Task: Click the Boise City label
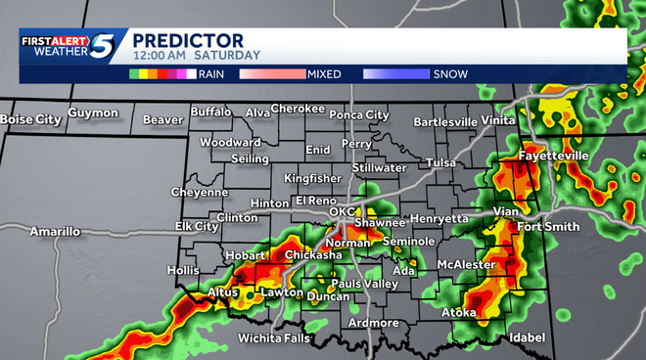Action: [29, 119]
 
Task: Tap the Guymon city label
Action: [93, 113]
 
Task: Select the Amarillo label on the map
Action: [55, 232]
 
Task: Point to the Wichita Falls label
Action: [274, 338]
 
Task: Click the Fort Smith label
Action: [548, 227]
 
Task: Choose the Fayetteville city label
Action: [554, 156]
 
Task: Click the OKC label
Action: [342, 211]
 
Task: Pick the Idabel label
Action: [529, 338]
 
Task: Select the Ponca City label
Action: [358, 115]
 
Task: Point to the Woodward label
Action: [230, 142]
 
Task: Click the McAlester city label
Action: [468, 264]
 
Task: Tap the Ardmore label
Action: [373, 323]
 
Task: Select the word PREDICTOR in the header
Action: [188, 40]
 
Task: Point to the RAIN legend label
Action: [212, 73]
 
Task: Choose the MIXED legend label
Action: [324, 73]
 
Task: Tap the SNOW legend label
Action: [450, 73]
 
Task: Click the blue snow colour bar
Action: [395, 73]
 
